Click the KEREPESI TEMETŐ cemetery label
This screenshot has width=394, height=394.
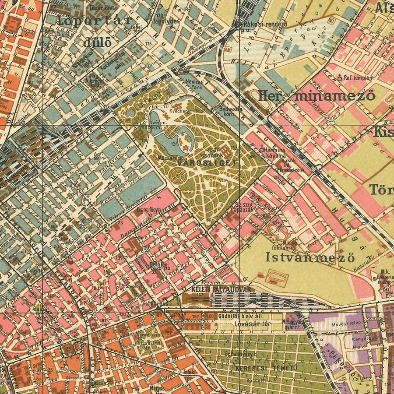[266, 368]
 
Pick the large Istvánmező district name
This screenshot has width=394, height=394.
[310, 257]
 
